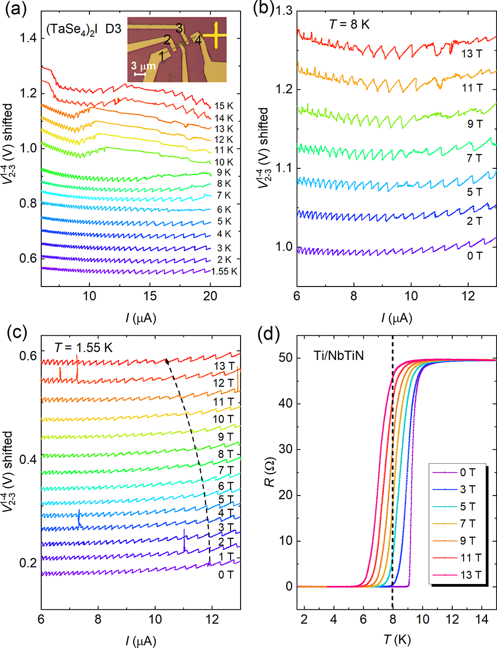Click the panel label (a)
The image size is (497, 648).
point(15,9)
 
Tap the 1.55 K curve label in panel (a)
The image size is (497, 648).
point(224,272)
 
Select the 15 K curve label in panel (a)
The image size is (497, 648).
point(224,106)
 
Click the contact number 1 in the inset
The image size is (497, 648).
point(162,56)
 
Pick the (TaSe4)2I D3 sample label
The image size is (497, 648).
point(83,29)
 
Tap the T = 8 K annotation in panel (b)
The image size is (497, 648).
point(349,24)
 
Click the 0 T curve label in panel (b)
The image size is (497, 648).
point(474,256)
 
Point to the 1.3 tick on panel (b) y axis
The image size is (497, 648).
point(284,10)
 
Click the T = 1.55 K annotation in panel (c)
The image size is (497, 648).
point(83,348)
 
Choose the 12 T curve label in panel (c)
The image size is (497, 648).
point(223,383)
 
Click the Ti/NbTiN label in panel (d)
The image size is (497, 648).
point(338,356)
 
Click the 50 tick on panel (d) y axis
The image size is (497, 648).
point(285,358)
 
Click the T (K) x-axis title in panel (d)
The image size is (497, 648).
point(396,640)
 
